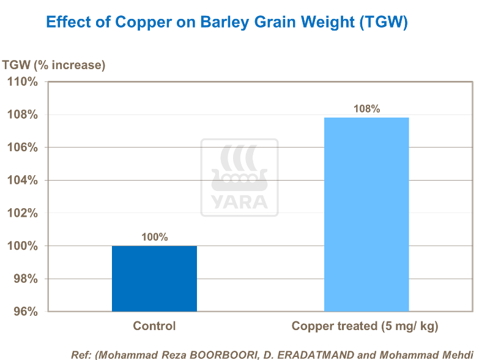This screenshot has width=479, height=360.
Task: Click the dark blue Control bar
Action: (154, 279)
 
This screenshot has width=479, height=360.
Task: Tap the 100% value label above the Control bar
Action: (154, 237)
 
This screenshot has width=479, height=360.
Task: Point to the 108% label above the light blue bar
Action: (366, 109)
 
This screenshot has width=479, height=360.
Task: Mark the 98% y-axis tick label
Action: (26, 279)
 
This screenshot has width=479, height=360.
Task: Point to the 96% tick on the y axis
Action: (26, 312)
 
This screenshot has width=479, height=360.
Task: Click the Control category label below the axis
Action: (154, 326)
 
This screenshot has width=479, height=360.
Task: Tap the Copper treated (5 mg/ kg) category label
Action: (365, 326)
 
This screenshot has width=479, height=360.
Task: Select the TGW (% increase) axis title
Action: (54, 65)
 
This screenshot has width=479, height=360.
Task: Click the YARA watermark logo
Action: (239, 178)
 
